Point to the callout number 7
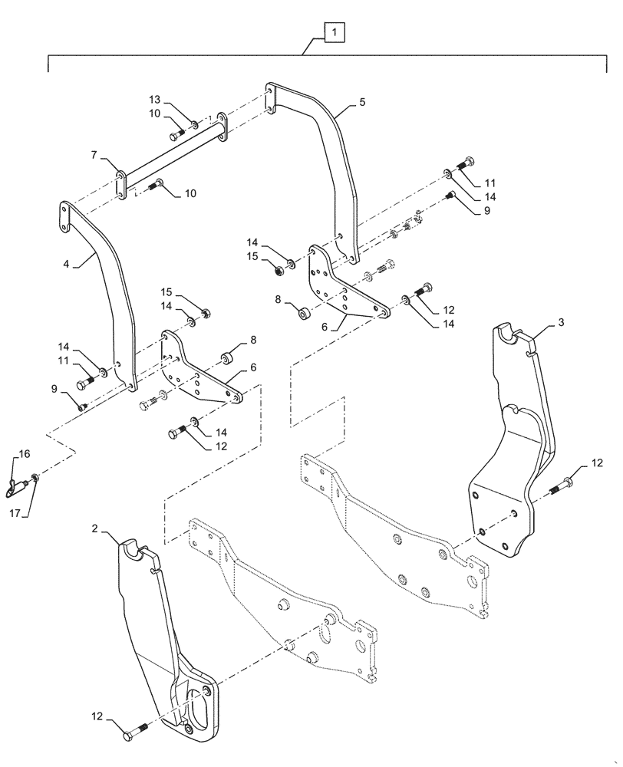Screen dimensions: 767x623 [x=93, y=155]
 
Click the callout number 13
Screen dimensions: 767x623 [x=155, y=101]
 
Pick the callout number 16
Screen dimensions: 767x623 [x=25, y=455]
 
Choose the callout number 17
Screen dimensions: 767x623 [x=14, y=509]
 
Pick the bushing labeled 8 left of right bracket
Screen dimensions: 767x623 [x=304, y=313]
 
